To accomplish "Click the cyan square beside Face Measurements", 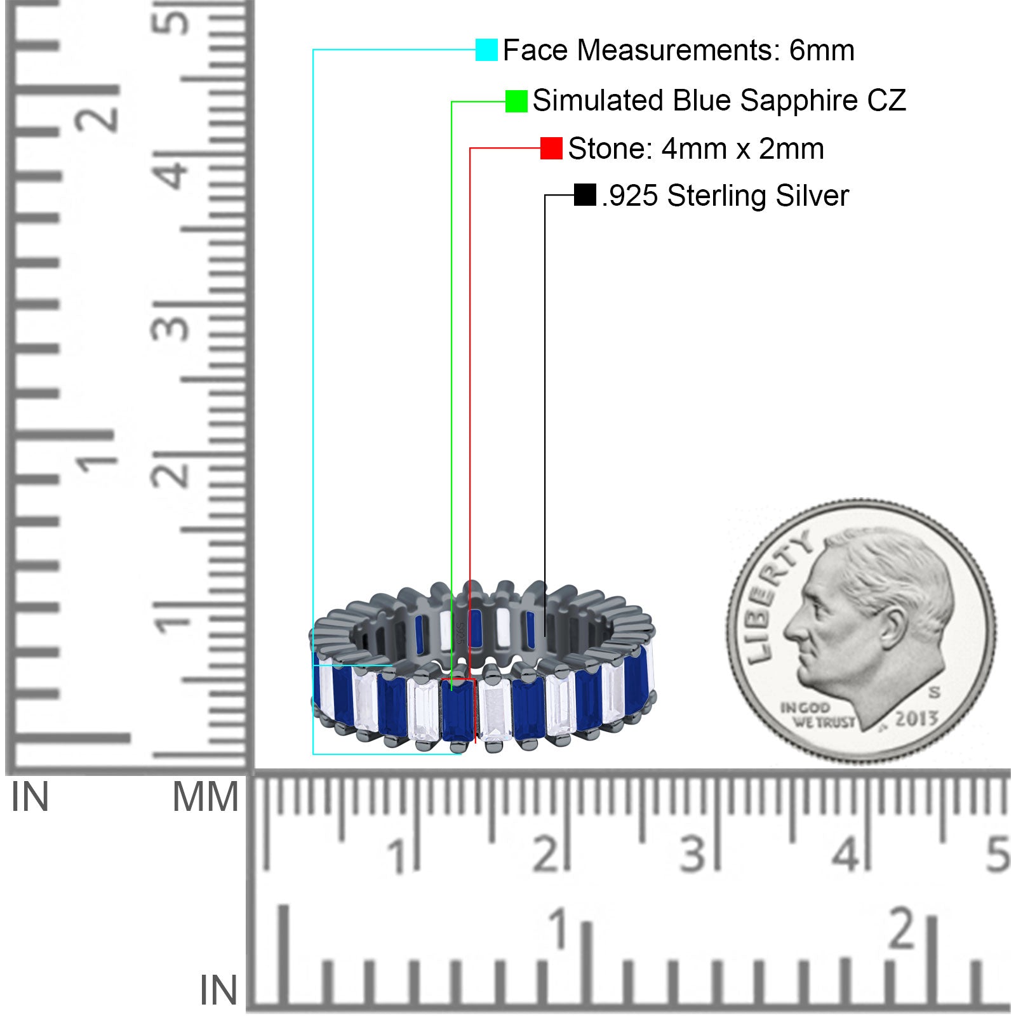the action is [486, 50].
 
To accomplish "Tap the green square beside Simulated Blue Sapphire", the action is [516, 101].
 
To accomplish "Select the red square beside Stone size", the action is [551, 149].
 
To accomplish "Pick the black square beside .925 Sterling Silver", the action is [585, 195].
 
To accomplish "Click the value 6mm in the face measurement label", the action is [822, 50].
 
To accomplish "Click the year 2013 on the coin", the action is [917, 718].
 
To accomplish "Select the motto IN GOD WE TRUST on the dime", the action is [817, 715].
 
